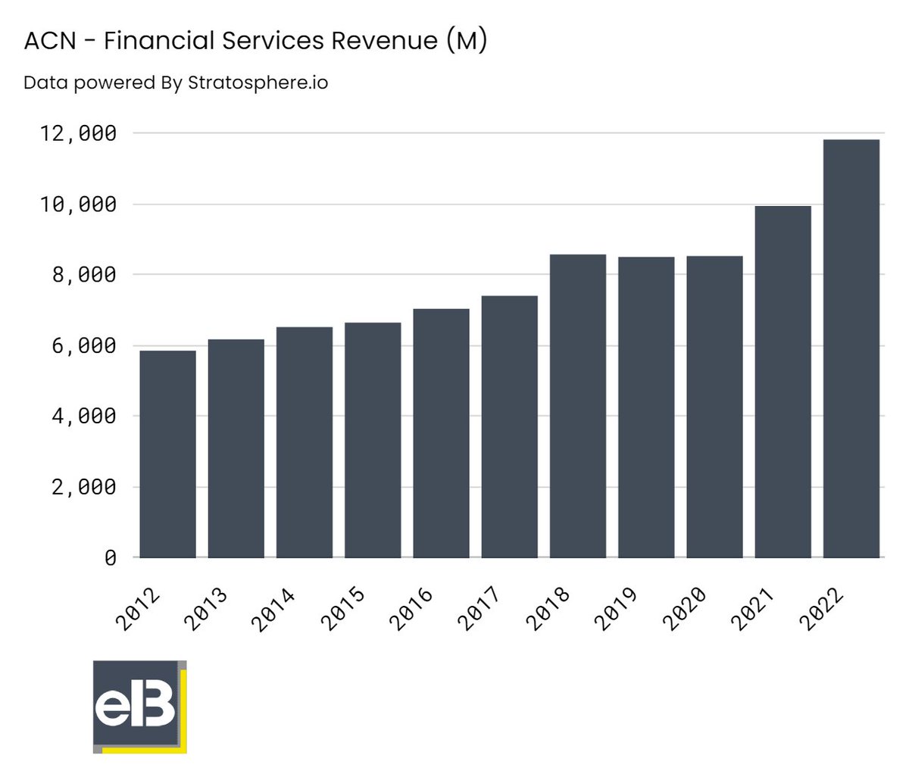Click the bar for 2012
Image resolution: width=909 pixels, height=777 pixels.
click(x=167, y=454)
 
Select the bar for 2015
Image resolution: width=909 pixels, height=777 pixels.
click(x=373, y=440)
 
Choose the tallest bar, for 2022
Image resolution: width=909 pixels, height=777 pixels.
click(x=851, y=348)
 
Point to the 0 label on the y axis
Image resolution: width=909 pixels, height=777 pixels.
click(x=111, y=558)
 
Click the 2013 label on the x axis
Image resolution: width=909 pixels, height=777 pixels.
click(x=206, y=608)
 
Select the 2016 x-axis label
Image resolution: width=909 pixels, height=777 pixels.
click(x=411, y=608)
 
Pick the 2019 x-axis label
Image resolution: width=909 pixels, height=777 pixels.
click(x=615, y=608)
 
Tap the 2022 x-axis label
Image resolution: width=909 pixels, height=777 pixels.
click(x=820, y=608)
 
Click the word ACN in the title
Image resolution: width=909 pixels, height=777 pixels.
click(x=50, y=41)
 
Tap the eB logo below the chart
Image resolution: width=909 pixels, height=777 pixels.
click(x=139, y=707)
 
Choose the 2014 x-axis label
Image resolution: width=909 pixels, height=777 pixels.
click(x=274, y=608)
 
